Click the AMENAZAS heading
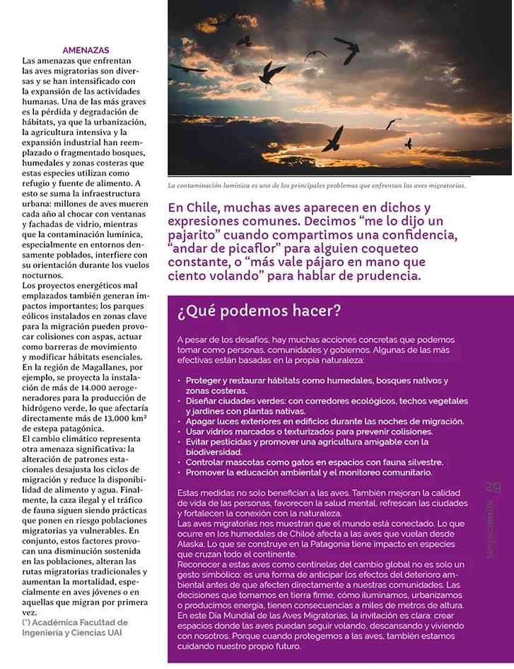pos(86,51)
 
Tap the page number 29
pos(493,487)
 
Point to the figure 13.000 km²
pos(122,418)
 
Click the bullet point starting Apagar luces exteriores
pos(325,421)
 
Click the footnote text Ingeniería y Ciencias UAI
pos(71,632)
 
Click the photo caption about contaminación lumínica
pos(316,186)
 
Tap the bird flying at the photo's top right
pos(346,50)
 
